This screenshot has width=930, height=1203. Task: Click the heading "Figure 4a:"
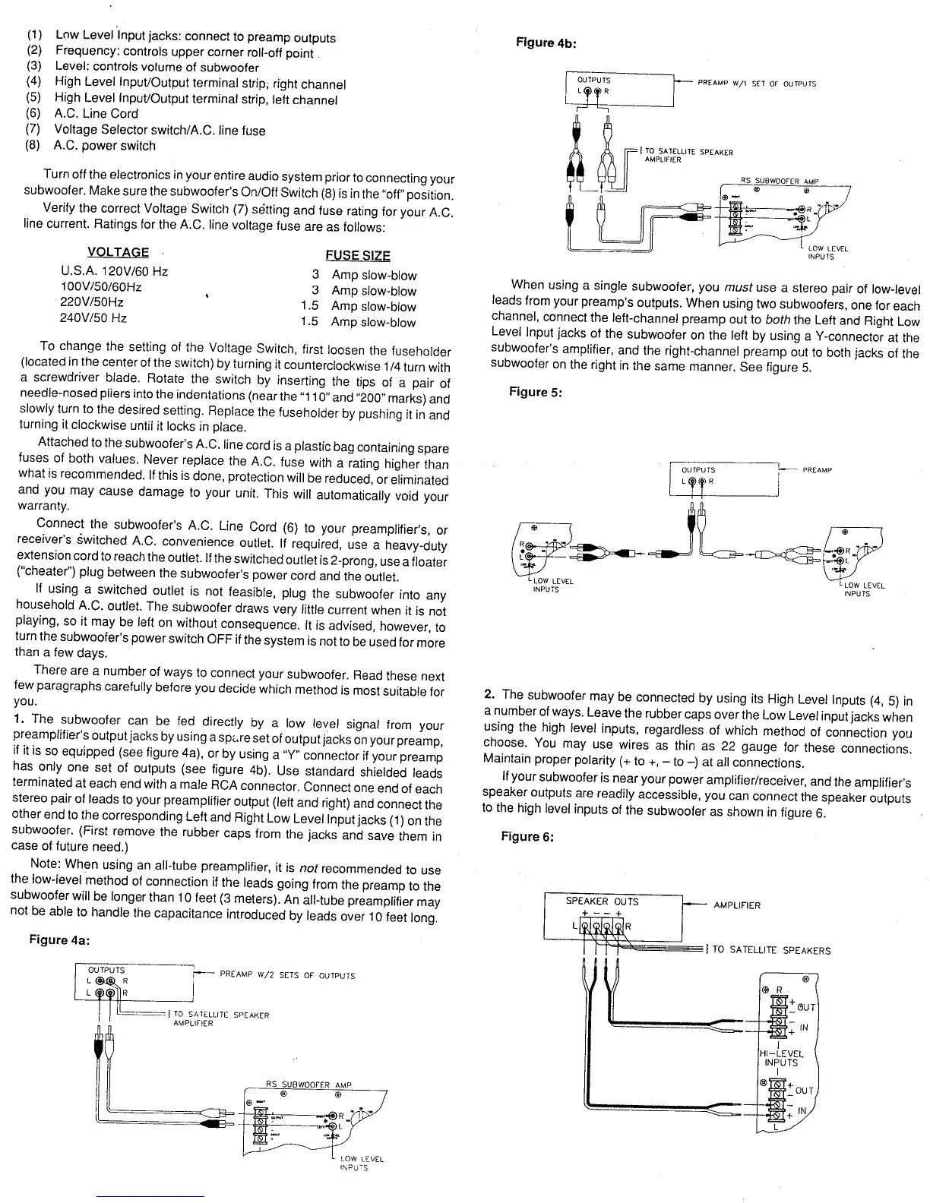(59, 939)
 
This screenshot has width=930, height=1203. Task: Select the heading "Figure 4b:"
(546, 42)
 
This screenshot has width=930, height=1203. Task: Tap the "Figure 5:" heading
(536, 392)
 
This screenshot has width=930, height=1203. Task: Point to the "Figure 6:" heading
(527, 836)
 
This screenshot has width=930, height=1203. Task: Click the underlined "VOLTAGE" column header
(118, 252)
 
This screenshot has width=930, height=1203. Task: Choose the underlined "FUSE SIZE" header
(357, 256)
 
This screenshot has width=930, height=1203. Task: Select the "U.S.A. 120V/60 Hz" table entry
(114, 271)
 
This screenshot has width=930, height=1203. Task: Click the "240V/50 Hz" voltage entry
(93, 318)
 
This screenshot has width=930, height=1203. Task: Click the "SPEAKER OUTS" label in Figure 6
(602, 901)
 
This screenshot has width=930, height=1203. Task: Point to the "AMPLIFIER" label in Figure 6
(737, 905)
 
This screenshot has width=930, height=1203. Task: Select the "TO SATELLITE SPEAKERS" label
(771, 950)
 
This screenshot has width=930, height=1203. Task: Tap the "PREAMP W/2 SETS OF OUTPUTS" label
(287, 975)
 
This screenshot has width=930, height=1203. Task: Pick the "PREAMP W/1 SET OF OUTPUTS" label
(757, 84)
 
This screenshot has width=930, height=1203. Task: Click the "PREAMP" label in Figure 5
(817, 470)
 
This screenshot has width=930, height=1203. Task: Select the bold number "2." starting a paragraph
(490, 694)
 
